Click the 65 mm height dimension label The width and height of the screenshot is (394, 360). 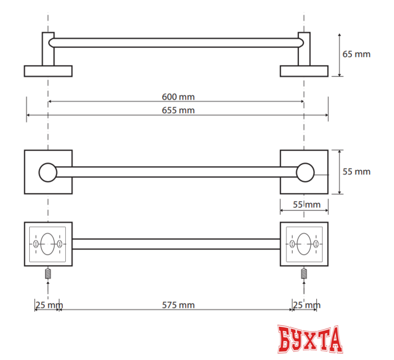(356, 54)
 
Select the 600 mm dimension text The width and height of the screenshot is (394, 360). (178, 97)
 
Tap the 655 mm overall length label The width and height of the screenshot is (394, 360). (178, 110)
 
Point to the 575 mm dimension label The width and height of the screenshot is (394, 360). (178, 305)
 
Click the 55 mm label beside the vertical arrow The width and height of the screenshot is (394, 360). (356, 172)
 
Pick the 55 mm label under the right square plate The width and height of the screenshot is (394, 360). (306, 204)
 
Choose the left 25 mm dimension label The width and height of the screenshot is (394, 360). (49, 305)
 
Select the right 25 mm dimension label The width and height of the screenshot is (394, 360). (306, 305)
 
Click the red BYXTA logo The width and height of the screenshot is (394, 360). (310, 339)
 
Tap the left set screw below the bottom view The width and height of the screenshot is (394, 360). (48, 273)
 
